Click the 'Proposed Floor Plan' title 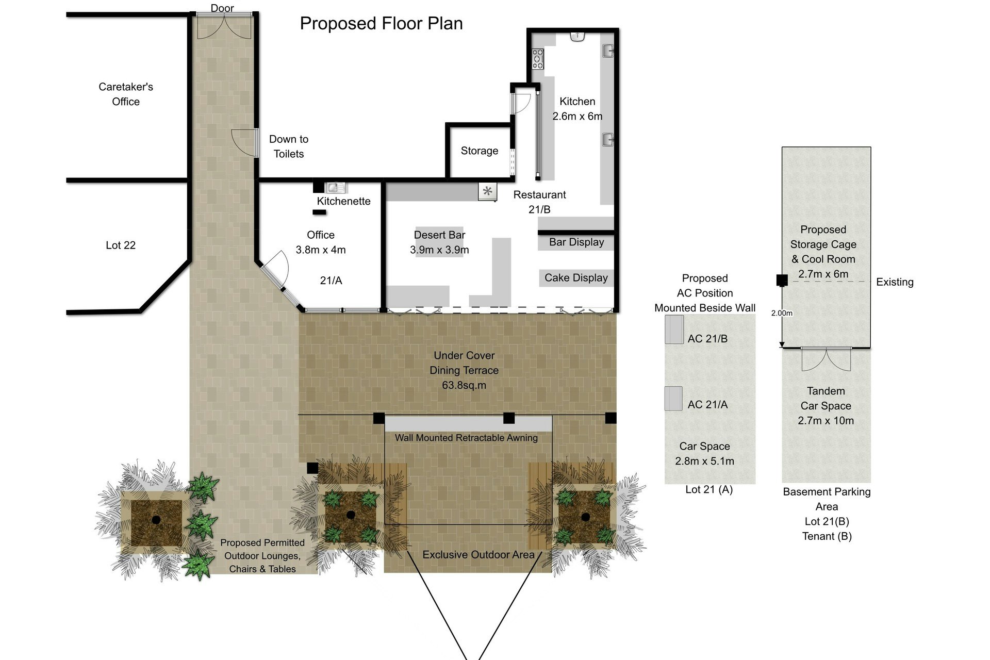(381, 24)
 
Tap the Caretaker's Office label (126, 94)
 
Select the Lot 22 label (121, 245)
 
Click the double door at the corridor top (224, 26)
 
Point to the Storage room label (480, 151)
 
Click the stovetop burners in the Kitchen (538, 59)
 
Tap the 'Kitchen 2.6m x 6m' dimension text (577, 109)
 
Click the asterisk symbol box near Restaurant (488, 192)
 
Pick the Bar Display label (576, 242)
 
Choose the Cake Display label (576, 278)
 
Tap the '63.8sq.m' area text (464, 385)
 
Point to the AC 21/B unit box (674, 329)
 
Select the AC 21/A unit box (673, 399)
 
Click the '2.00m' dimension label (782, 313)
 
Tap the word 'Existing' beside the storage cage (895, 282)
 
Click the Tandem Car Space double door (826, 359)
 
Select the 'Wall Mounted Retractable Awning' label (466, 438)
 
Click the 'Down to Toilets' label (289, 146)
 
